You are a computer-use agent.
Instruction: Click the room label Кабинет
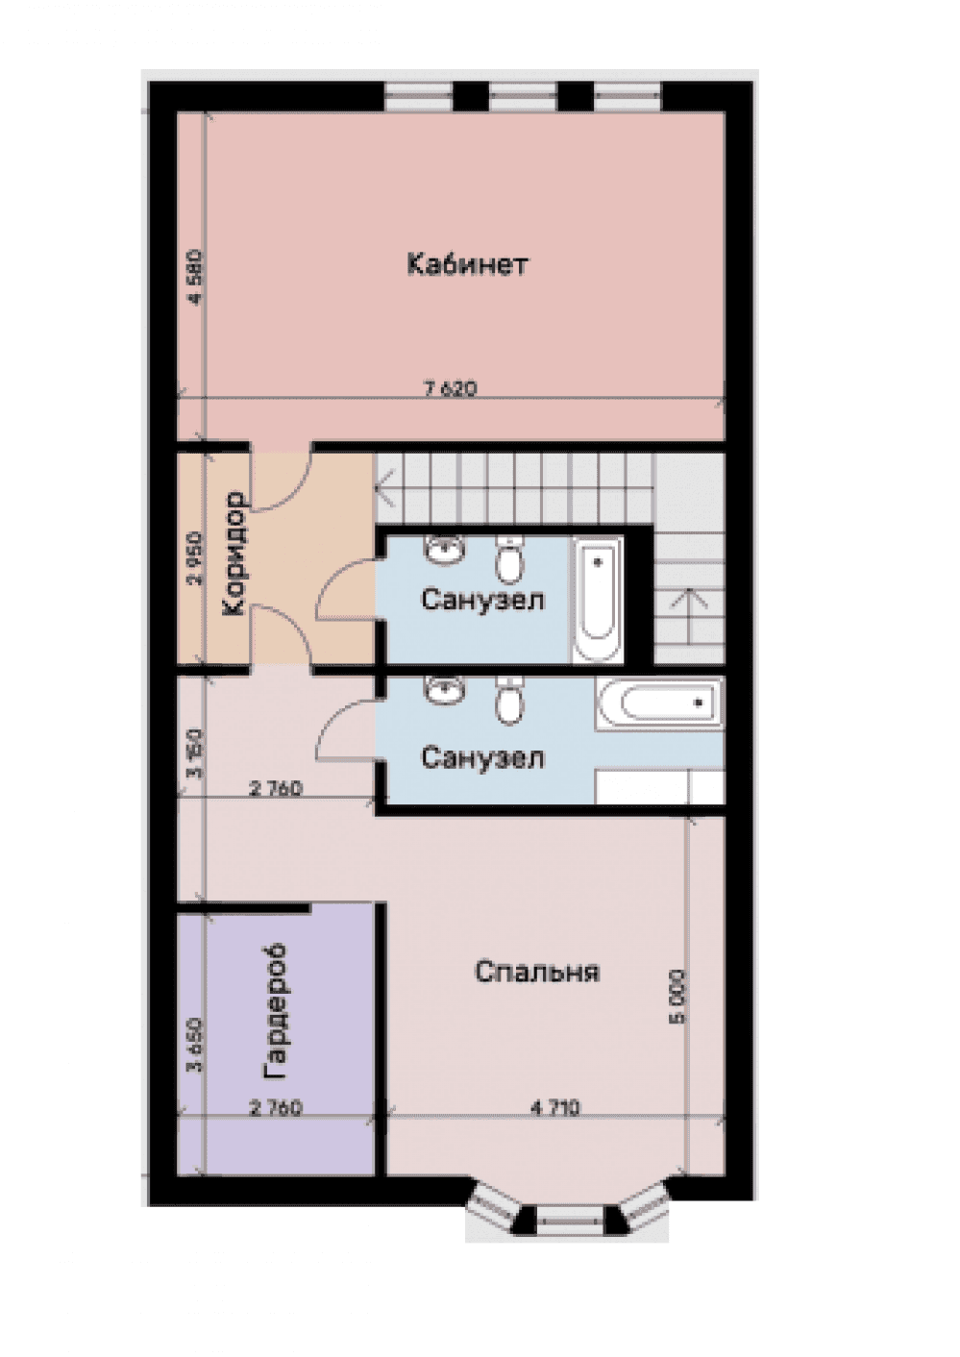point(467,264)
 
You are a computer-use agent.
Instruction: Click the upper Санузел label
point(482,600)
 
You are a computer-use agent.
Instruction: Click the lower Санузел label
point(482,758)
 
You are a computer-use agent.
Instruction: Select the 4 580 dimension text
point(196,278)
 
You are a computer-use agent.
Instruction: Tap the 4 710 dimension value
point(554,1107)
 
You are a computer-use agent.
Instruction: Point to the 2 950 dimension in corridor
point(195,558)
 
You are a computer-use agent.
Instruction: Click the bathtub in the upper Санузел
point(598,600)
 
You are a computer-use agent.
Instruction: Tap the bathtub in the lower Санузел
point(659,703)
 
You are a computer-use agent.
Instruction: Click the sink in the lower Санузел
point(445,690)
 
